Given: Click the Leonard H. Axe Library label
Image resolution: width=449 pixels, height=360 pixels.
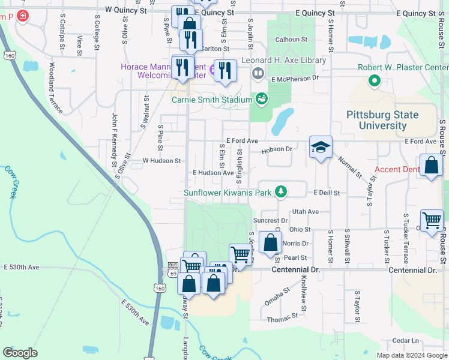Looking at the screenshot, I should (284, 61).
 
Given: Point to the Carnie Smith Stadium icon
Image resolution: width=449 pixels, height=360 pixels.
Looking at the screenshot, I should (262, 98).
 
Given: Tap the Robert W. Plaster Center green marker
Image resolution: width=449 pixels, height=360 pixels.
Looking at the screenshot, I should (375, 80).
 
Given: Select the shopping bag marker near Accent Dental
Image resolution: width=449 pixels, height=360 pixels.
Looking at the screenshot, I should (431, 165).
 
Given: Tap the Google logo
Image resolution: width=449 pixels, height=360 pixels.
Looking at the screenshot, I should (20, 353).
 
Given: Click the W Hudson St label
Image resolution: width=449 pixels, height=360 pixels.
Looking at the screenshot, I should (161, 161).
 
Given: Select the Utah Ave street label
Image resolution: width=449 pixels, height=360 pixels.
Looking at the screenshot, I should (305, 212).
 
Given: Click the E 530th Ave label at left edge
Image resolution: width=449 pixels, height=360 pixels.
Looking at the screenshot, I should (21, 266).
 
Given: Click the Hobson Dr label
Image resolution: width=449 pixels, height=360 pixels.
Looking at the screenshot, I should (277, 149).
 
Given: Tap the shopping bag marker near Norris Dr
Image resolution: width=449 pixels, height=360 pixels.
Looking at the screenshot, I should (271, 243).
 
